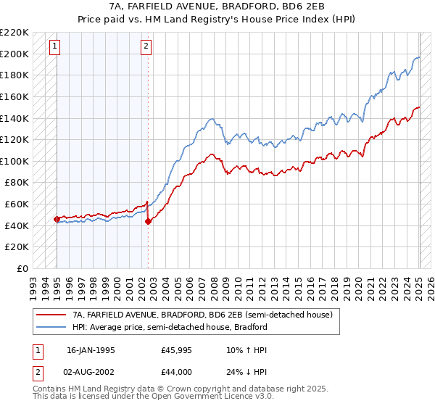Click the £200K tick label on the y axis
(14, 54)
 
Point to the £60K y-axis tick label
(17, 204)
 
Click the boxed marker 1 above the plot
(56, 47)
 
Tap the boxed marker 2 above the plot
(146, 47)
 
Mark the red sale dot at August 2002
(148, 221)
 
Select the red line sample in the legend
(51, 315)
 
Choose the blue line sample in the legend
(51, 327)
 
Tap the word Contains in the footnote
(49, 389)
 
